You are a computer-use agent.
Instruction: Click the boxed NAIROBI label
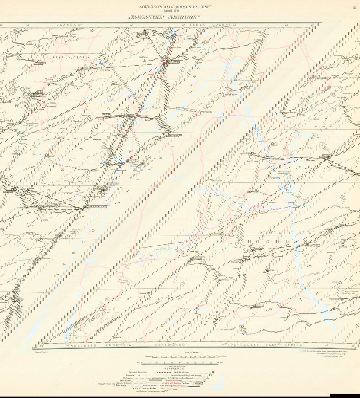pyautogui.click(x=173, y=62)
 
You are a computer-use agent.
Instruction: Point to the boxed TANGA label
pyautogui.click(x=133, y=161)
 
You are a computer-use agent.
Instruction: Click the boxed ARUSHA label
pyautogui.click(x=106, y=114)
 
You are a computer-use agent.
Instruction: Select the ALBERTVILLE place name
pyautogui.click(x=219, y=180)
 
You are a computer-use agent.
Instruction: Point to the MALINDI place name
pyautogui.click(x=207, y=113)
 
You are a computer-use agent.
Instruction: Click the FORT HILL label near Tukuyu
pyautogui.click(x=225, y=280)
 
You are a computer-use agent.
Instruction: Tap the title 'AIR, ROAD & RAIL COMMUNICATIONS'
pyautogui.click(x=175, y=7)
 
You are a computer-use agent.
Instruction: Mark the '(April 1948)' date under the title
pyautogui.click(x=175, y=11)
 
